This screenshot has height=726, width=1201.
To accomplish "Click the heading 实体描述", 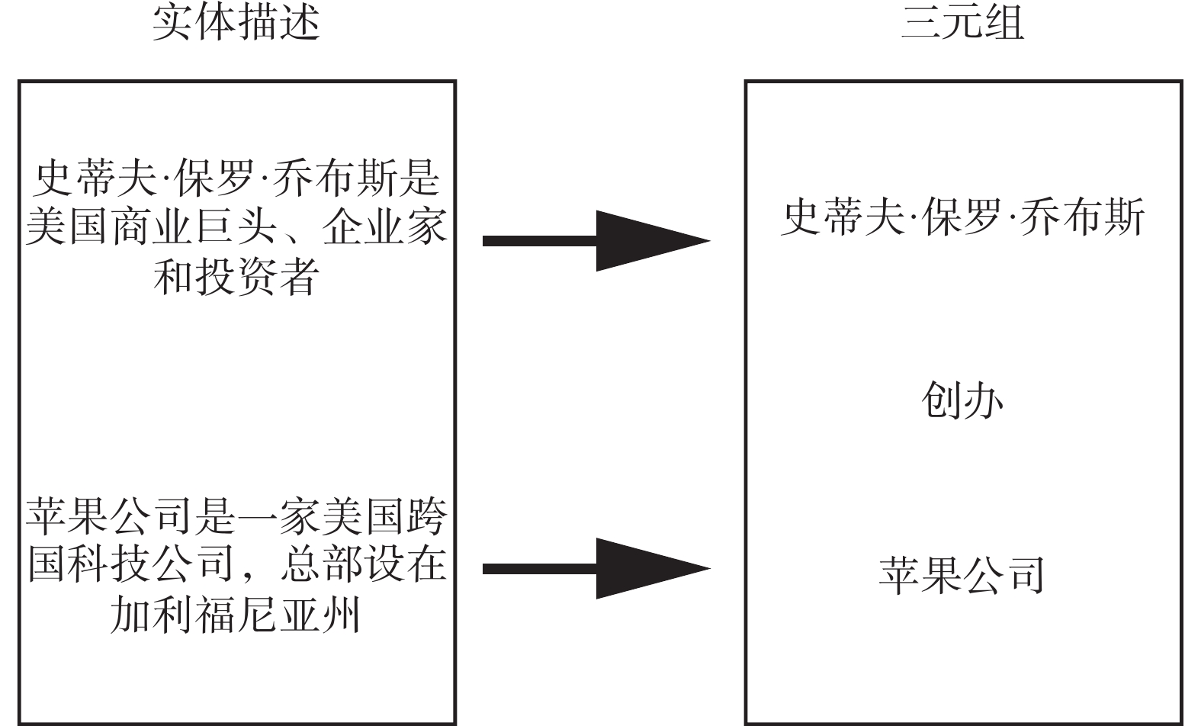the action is (x=236, y=23).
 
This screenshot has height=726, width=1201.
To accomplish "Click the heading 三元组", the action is (x=962, y=23).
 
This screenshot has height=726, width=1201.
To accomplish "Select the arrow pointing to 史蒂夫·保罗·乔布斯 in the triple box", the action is (x=595, y=241).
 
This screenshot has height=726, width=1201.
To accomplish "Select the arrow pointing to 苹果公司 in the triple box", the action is (x=595, y=568).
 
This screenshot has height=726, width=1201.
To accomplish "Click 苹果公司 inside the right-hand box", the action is (x=962, y=576).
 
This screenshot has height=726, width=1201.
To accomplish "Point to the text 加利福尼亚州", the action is (x=236, y=615).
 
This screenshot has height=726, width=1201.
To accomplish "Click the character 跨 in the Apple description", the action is (x=426, y=518).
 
